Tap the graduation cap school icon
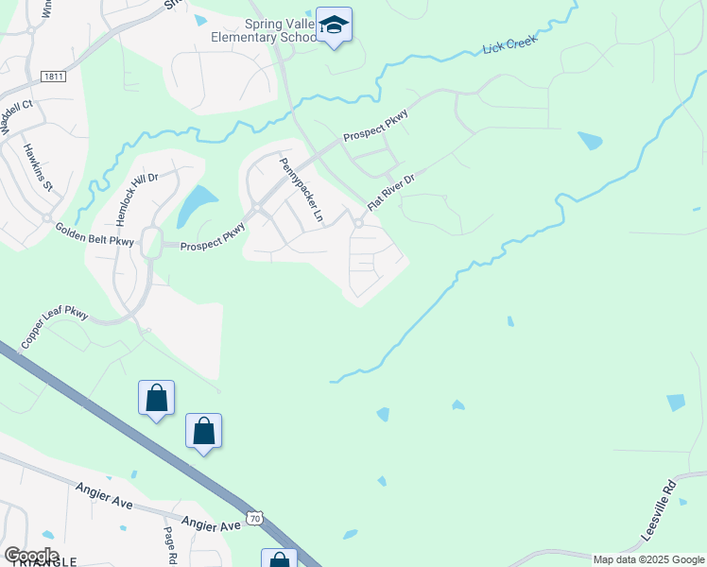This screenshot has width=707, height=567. pos(334,24)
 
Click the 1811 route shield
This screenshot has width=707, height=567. pos(53,76)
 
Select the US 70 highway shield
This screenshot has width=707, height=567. pos(253,517)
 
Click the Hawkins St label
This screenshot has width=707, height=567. pos(38,166)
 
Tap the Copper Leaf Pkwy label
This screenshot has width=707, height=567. pos(54,325)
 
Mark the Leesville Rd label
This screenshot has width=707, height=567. pos(659,511)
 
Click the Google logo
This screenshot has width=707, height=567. pos(30,556)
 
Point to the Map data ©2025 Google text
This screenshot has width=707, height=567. pos(648,559)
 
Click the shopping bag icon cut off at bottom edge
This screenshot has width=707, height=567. pos(279,558)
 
